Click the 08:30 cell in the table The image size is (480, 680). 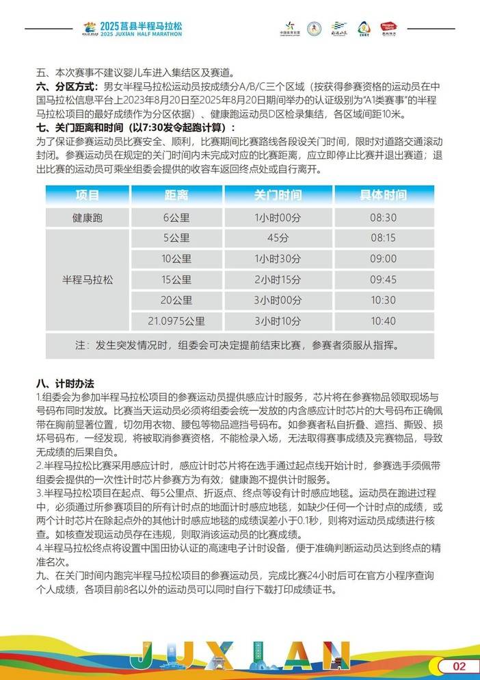point(383,217)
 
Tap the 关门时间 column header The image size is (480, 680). point(278,195)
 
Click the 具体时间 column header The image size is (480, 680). point(383,195)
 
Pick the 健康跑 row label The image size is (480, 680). point(88,217)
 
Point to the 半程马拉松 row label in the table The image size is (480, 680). point(88,280)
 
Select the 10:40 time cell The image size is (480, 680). point(383,320)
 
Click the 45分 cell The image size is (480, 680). point(278,238)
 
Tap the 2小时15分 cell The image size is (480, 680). point(278,279)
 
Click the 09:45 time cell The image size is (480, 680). point(383,279)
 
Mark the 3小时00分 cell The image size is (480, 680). point(278,300)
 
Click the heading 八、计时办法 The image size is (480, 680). point(65,383)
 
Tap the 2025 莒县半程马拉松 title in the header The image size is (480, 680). point(141,25)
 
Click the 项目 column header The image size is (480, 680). point(88,195)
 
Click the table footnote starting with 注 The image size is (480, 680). point(240,344)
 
